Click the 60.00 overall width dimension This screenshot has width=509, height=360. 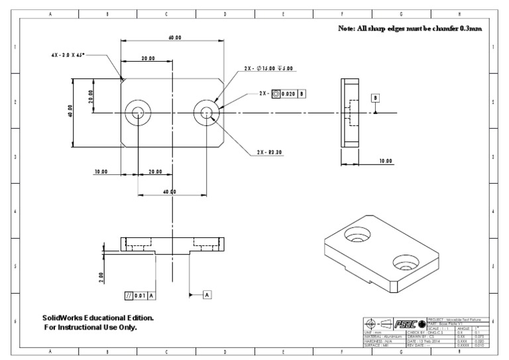coord(175,38)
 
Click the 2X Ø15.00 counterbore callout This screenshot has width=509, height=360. coord(272,68)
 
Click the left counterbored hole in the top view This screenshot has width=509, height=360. coord(138,113)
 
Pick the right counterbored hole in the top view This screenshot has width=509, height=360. coord(207,113)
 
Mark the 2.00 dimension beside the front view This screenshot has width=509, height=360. coord(101,275)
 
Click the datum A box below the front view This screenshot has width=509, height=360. coord(207,293)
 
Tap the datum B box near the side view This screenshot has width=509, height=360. coord(375,97)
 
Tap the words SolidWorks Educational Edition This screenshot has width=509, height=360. coord(98,318)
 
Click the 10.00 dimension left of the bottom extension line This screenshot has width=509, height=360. coord(101,171)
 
